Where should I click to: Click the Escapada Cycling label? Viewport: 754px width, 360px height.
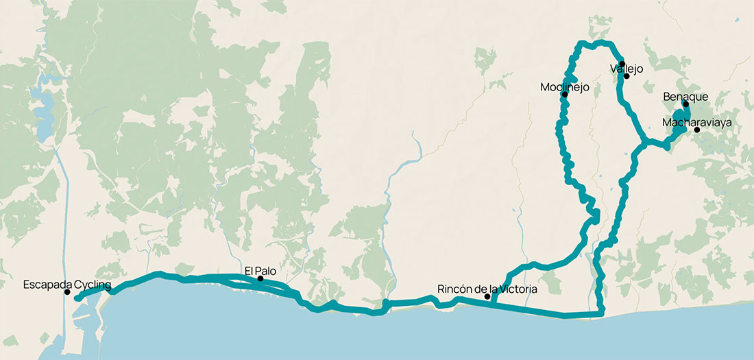pyautogui.click(x=67, y=284)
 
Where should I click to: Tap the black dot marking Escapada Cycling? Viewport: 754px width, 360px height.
pyautogui.click(x=67, y=293)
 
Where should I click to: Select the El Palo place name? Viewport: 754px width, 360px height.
pyautogui.click(x=260, y=270)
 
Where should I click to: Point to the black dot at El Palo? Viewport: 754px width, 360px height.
pyautogui.click(x=260, y=279)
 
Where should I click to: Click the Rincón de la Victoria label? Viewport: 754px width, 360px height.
pyautogui.click(x=487, y=289)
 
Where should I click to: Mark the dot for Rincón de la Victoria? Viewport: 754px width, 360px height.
pyautogui.click(x=487, y=297)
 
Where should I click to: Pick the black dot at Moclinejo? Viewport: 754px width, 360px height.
pyautogui.click(x=565, y=95)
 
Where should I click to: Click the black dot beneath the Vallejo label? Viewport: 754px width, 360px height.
pyautogui.click(x=627, y=76)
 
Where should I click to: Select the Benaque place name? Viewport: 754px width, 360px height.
pyautogui.click(x=685, y=97)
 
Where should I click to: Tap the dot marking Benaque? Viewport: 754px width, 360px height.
pyautogui.click(x=685, y=104)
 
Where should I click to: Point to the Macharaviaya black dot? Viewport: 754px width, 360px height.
pyautogui.click(x=697, y=130)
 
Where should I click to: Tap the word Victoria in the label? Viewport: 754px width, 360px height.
pyautogui.click(x=518, y=289)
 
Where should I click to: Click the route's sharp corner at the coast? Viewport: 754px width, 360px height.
pyautogui.click(x=602, y=314)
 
